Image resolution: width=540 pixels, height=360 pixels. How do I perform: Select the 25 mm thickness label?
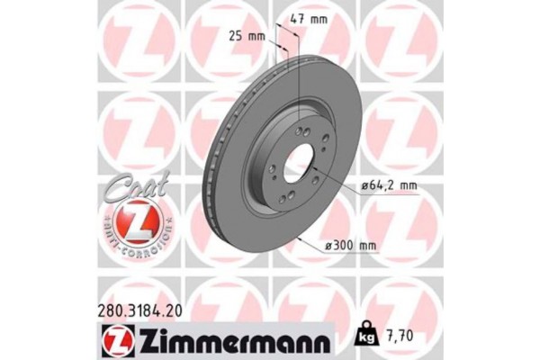tap(247, 37)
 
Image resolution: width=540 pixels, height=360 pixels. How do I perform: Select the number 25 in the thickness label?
tap(235, 37)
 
